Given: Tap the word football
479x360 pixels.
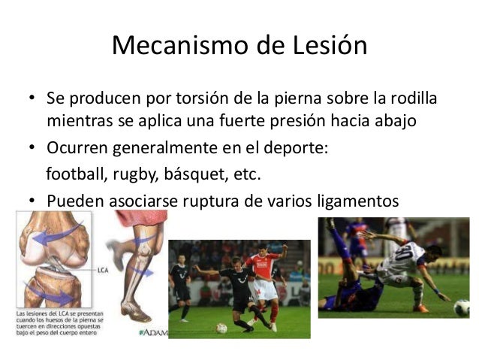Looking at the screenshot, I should click(77, 175).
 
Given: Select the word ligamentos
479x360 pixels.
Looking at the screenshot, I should click(356, 201).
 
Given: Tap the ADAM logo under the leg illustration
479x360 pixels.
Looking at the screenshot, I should click(153, 331).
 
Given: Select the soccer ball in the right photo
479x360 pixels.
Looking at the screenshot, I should click(462, 308).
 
